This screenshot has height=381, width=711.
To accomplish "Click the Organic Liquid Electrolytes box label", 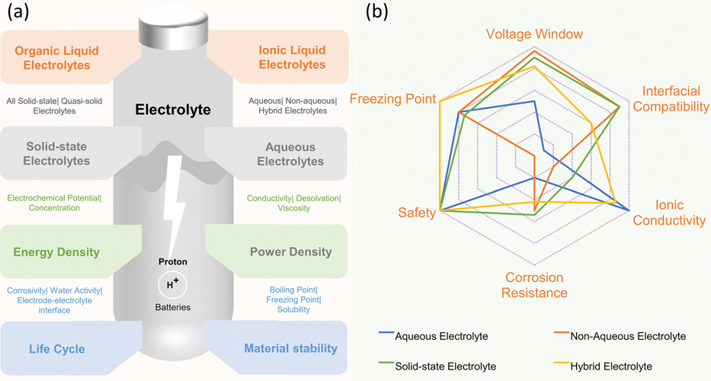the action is [x=56, y=58].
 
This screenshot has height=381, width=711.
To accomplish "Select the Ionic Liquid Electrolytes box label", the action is [x=292, y=57].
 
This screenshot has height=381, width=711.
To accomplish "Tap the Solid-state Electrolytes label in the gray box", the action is [x=56, y=153].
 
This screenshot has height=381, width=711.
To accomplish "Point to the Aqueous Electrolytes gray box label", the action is [x=290, y=154].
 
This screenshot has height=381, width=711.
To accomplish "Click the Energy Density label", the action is [x=56, y=252].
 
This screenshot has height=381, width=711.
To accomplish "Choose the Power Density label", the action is [x=290, y=251].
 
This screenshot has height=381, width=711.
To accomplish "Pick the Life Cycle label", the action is [x=56, y=349].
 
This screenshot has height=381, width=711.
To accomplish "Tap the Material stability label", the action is [x=290, y=348].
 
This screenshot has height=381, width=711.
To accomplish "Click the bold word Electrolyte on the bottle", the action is [x=173, y=110].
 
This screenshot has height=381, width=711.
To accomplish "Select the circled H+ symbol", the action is [x=172, y=284].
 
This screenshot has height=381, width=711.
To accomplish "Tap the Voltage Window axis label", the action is [x=534, y=34].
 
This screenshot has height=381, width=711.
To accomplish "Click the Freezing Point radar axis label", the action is [x=392, y=99].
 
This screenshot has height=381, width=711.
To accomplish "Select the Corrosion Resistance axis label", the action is [x=534, y=285].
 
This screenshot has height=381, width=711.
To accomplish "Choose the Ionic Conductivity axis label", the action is [x=669, y=213].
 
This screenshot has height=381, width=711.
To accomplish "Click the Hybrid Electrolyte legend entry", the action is [x=603, y=366].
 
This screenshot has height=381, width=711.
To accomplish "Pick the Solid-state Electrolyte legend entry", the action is [x=437, y=366].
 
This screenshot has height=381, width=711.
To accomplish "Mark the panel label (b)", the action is [x=376, y=12].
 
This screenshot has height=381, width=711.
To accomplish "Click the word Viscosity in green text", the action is [x=294, y=208].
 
